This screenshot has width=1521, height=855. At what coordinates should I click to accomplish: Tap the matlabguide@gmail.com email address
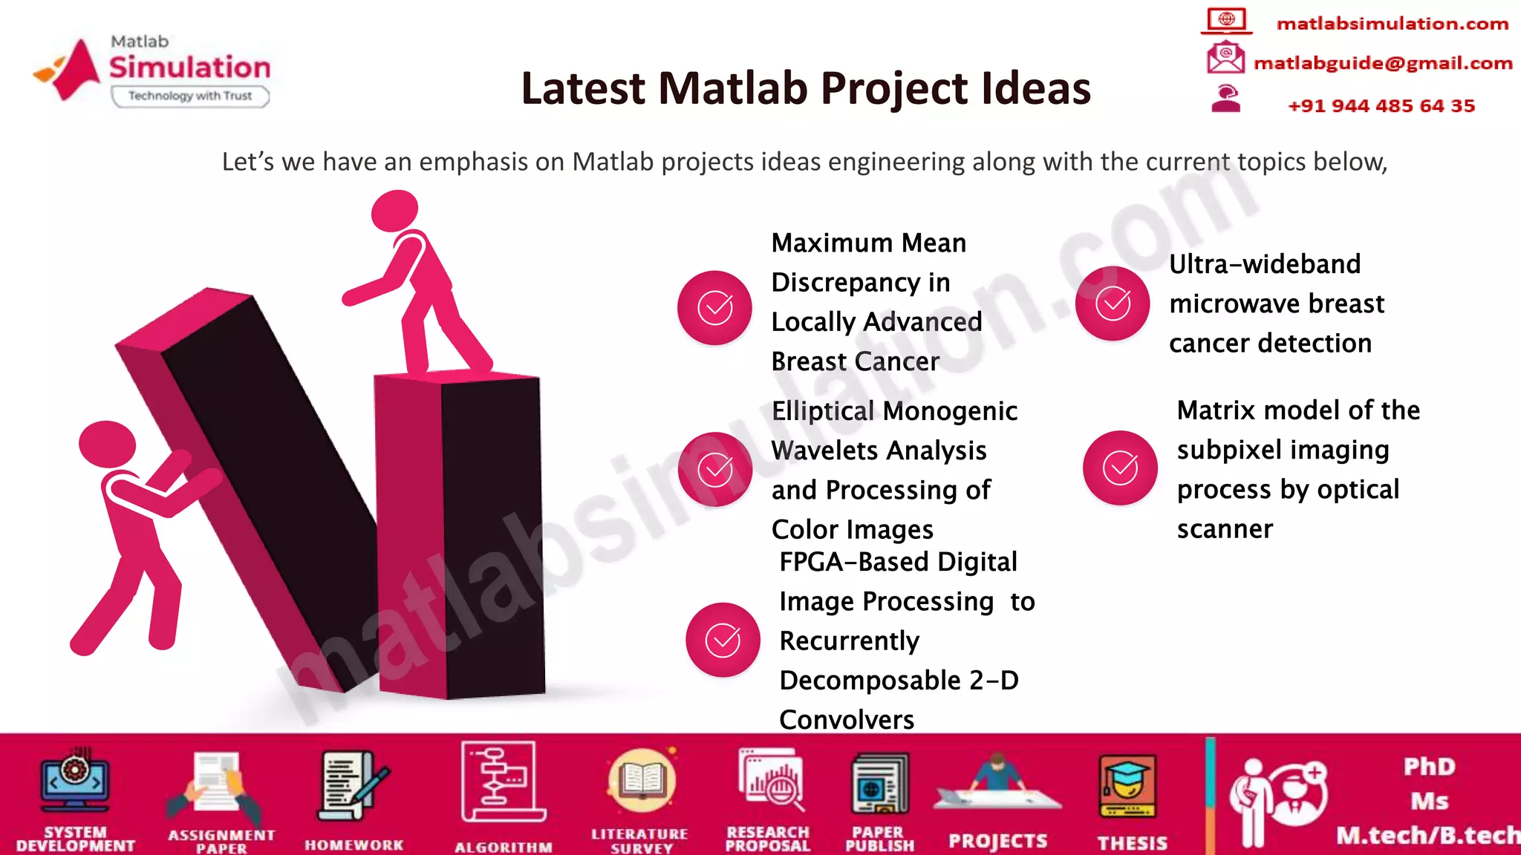click(1382, 63)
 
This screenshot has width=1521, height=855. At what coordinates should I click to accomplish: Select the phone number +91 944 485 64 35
click(1381, 105)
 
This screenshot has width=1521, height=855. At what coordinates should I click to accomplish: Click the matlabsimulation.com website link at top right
click(1392, 24)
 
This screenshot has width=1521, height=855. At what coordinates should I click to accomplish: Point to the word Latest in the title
click(582, 88)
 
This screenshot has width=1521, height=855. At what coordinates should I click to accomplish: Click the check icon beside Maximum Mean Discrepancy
click(714, 308)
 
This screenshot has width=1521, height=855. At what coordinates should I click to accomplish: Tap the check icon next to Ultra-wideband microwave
click(1113, 304)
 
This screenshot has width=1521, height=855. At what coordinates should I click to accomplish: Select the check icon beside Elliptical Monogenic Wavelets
click(714, 469)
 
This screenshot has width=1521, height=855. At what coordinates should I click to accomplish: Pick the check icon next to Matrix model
click(1120, 468)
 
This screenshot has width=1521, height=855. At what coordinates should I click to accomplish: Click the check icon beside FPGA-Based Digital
click(723, 640)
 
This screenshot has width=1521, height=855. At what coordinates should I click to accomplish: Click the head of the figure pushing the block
click(107, 444)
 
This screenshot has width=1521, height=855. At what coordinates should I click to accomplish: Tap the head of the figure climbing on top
click(394, 211)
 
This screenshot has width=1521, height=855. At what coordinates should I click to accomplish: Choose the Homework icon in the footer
click(354, 787)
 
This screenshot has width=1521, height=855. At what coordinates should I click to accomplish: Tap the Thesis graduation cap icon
click(1128, 785)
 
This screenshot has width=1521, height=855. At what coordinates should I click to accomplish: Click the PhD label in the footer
click(1429, 767)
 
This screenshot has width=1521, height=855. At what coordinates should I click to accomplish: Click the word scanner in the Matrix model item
click(1225, 529)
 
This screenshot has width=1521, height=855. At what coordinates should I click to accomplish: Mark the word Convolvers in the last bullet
click(847, 719)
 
